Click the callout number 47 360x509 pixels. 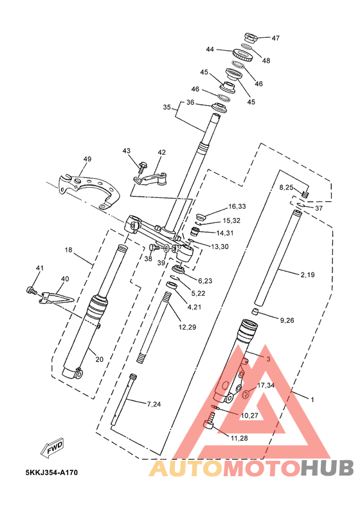[275, 38]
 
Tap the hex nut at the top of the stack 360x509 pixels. [251, 38]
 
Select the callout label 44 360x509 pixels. [210, 49]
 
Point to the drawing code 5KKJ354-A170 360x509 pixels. [51, 472]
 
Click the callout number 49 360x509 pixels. [87, 159]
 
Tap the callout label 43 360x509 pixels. [126, 150]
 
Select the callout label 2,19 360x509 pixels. [307, 275]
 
